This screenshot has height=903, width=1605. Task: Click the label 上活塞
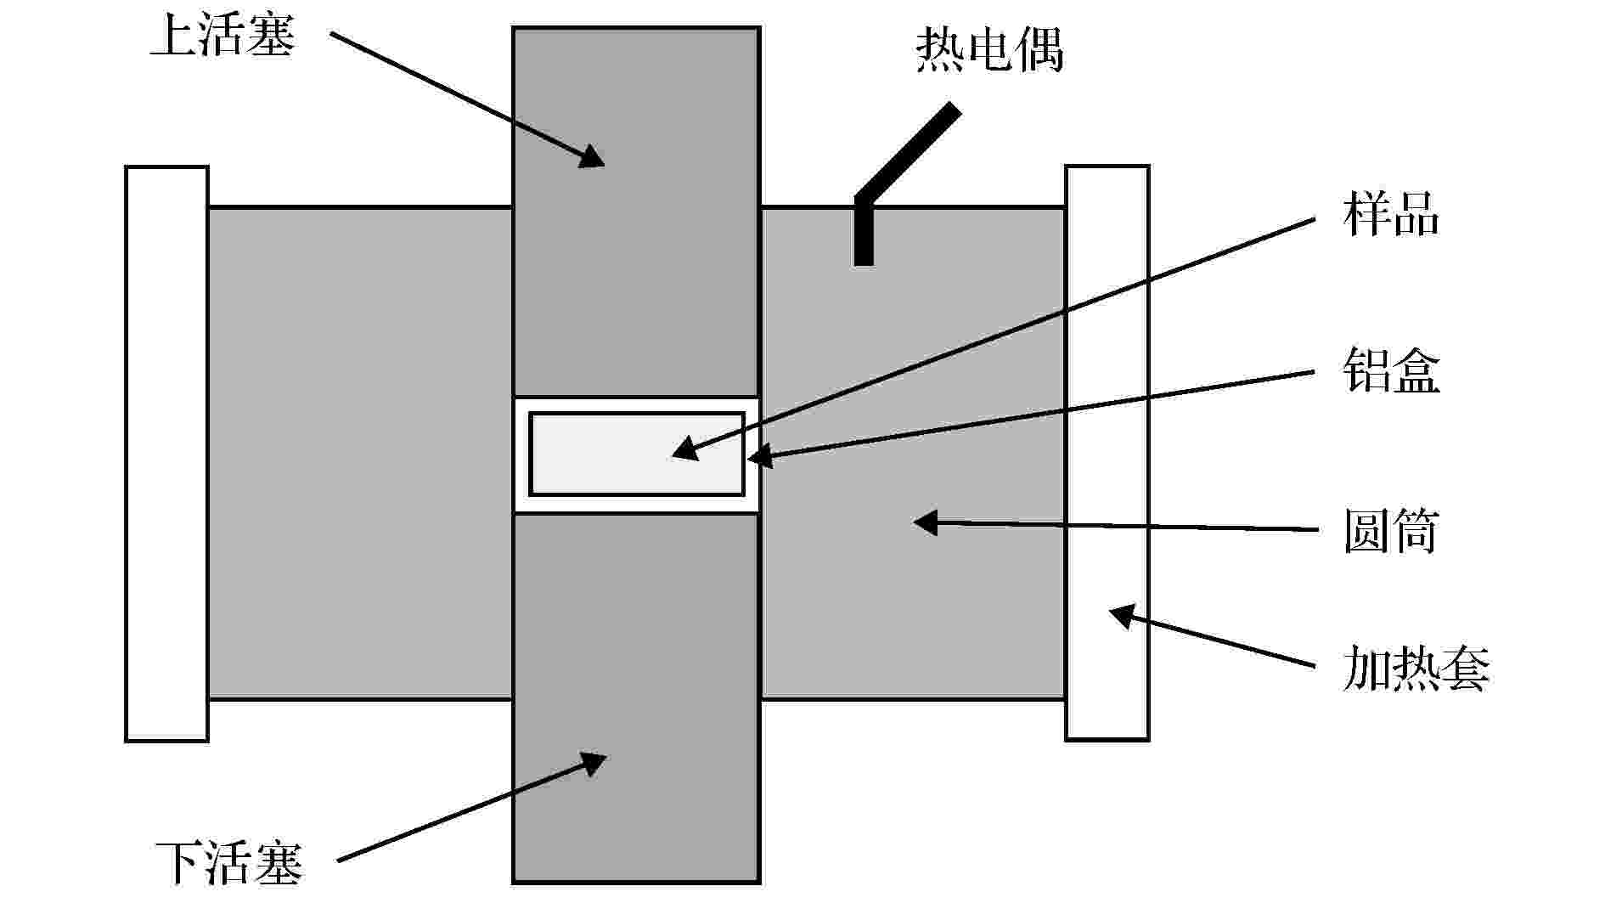pyautogui.click(x=222, y=37)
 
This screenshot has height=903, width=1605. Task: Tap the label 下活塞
pyautogui.click(x=229, y=863)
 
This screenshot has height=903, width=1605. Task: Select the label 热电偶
pyautogui.click(x=989, y=50)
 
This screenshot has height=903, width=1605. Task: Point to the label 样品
pyautogui.click(x=1391, y=215)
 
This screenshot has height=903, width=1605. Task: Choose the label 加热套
pyautogui.click(x=1416, y=669)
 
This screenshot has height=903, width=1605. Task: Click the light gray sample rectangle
pyautogui.click(x=637, y=454)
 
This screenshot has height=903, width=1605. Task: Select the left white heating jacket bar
pyautogui.click(x=167, y=454)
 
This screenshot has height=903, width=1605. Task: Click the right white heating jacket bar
pyautogui.click(x=1107, y=453)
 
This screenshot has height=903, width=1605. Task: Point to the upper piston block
pyautogui.click(x=636, y=212)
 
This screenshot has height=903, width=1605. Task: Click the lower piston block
pyautogui.click(x=636, y=698)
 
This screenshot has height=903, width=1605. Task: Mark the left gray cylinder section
pyautogui.click(x=361, y=454)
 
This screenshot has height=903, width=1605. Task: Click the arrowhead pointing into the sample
pyautogui.click(x=684, y=449)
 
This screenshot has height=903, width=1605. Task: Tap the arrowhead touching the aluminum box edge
pyautogui.click(x=760, y=457)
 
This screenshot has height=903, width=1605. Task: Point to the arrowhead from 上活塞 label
pyautogui.click(x=592, y=155)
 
